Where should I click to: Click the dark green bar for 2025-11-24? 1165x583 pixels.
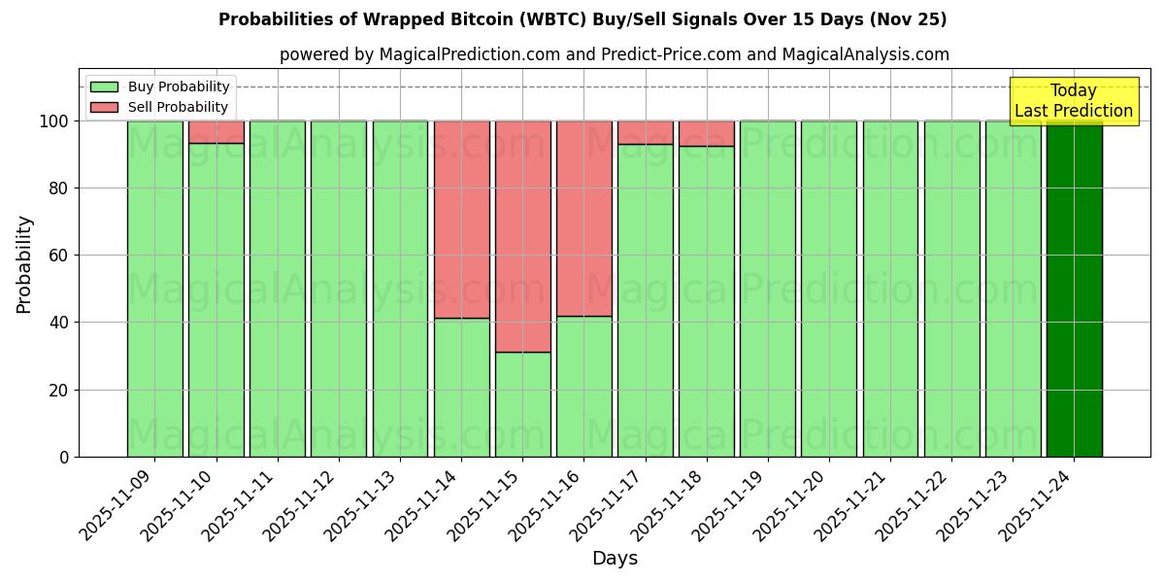(1074, 289)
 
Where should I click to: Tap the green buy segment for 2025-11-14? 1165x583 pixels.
(462, 387)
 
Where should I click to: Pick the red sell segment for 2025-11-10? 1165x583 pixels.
(216, 132)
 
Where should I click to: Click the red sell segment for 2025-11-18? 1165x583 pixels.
(707, 133)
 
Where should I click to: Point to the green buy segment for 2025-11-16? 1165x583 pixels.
(584, 386)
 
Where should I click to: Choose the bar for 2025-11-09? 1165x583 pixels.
(154, 289)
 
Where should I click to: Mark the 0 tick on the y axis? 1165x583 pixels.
(64, 457)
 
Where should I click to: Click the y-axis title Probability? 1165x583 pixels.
(24, 263)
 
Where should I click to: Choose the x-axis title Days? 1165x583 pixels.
(615, 559)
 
